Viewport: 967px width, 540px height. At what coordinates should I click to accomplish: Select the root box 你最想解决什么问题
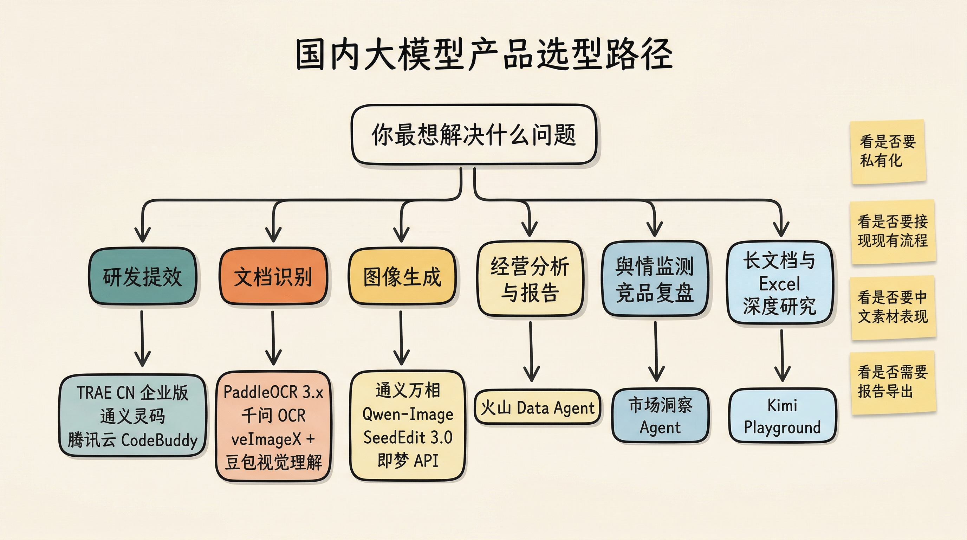(474, 134)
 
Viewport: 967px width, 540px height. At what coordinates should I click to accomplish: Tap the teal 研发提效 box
(142, 276)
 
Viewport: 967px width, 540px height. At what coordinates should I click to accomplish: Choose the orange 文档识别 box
(273, 276)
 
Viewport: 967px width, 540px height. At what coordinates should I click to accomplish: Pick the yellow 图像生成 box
(402, 276)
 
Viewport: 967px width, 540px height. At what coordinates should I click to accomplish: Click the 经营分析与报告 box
(530, 279)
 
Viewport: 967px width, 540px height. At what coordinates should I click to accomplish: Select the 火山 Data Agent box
(537, 407)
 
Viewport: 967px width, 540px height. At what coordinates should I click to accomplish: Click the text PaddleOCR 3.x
(273, 392)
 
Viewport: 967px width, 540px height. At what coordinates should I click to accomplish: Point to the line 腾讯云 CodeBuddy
(132, 440)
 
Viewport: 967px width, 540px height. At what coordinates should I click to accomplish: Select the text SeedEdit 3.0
(408, 437)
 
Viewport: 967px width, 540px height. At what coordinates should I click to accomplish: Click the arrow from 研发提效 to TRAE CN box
(142, 338)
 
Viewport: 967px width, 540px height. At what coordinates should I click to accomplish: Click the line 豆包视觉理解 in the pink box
(273, 462)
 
